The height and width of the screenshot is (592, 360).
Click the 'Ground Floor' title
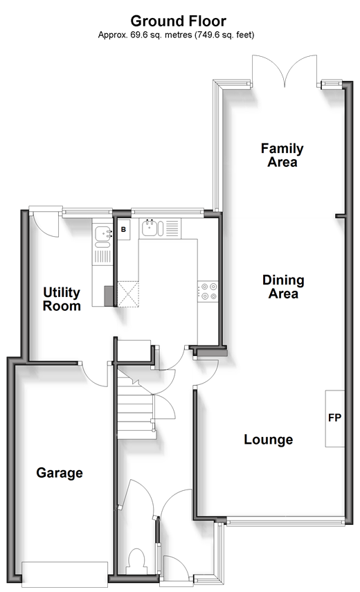(178, 21)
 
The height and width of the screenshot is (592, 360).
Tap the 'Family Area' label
(282, 155)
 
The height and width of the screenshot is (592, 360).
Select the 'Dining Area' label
(283, 287)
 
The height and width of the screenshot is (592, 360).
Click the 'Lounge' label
(269, 439)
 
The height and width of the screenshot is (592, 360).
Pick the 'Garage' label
(60, 472)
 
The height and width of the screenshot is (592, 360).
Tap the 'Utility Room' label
(62, 298)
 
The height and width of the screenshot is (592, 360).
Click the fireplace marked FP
(335, 418)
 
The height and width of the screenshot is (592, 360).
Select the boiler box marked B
(123, 228)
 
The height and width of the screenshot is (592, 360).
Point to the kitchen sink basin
(150, 228)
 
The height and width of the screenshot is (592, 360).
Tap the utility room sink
(102, 234)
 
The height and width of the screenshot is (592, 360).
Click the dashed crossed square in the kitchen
(128, 294)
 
